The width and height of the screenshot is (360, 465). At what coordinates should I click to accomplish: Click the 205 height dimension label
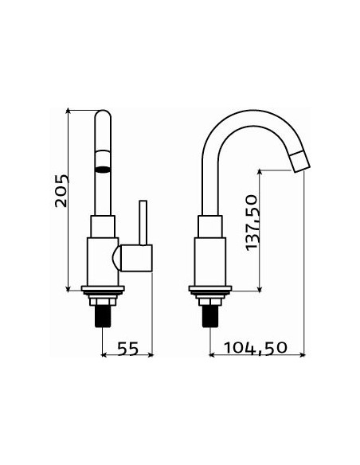[x=62, y=190]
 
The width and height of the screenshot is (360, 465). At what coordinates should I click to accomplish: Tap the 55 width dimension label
[x=128, y=349]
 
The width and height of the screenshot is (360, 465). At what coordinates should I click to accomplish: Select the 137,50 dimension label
[x=252, y=222]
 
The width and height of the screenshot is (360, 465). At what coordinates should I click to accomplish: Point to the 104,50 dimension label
[x=256, y=348]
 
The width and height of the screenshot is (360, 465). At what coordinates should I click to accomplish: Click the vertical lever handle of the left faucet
[x=143, y=223]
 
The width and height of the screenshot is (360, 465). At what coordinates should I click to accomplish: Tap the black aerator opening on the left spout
[x=103, y=170]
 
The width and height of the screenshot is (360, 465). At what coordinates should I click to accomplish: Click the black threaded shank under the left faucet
[x=103, y=316]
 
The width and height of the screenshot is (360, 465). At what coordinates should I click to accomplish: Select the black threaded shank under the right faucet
[x=210, y=316]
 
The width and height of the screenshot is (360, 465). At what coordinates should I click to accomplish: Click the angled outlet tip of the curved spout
[x=299, y=162]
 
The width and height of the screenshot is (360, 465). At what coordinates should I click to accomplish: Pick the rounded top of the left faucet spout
[x=103, y=114]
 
